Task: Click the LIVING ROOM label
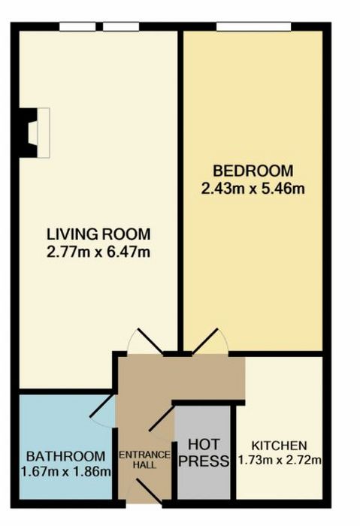point(98,234)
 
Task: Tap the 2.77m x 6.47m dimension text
point(98,252)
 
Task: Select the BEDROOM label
point(253,171)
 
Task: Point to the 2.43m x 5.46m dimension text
point(253,189)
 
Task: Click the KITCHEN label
point(279,446)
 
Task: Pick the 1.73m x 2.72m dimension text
point(280,460)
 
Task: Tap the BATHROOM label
point(65,457)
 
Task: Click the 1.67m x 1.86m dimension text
point(65,472)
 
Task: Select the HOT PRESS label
point(204,453)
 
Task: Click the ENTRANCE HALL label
point(145,460)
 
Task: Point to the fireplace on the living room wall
point(35,133)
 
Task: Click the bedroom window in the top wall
point(253,26)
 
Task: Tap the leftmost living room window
point(77,26)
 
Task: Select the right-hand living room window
point(121,26)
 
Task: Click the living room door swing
point(145,341)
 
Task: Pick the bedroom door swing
point(210,341)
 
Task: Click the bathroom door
point(103,411)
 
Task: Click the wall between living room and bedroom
point(180,191)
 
